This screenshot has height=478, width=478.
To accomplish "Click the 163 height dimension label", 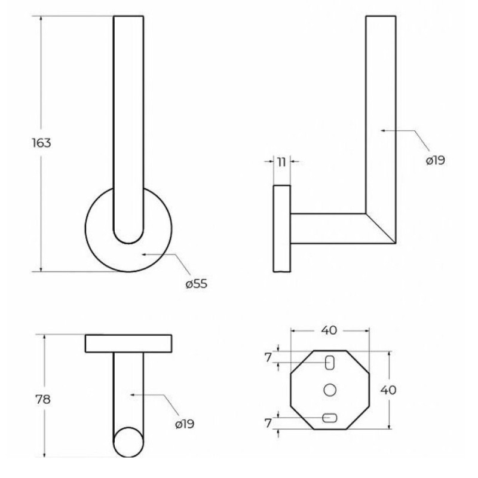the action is (x=41, y=143).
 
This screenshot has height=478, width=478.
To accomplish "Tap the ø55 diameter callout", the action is (x=197, y=284).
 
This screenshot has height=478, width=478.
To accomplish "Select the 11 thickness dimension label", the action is (x=281, y=162).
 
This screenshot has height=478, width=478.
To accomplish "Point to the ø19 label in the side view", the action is (x=436, y=160).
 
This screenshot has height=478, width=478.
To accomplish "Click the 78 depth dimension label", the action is (x=43, y=399).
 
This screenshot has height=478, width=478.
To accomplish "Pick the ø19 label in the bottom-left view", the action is (x=185, y=424).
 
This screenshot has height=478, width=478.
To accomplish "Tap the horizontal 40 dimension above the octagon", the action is (x=329, y=330).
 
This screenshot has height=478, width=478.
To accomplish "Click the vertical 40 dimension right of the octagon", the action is (x=388, y=390).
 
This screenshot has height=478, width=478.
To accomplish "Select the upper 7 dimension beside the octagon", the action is (x=268, y=357).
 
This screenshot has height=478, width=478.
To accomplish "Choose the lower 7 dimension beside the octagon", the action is (x=268, y=423).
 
